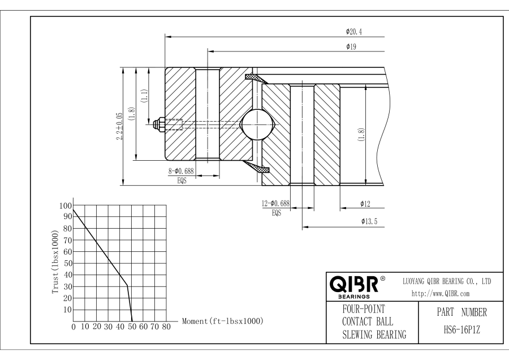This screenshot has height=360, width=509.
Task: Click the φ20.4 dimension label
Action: (355, 32)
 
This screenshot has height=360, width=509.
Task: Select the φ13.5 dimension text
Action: (369, 222)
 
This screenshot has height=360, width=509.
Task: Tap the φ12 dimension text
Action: (365, 203)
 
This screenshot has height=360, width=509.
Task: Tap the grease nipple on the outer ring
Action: (159, 123)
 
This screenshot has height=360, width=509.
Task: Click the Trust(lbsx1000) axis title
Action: (54, 262)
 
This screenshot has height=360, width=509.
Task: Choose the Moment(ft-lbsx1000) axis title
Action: (222, 321)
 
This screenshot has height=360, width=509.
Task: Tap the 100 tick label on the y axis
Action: (66, 205)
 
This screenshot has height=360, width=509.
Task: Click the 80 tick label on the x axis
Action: (166, 327)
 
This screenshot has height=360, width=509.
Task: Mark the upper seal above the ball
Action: (256, 78)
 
